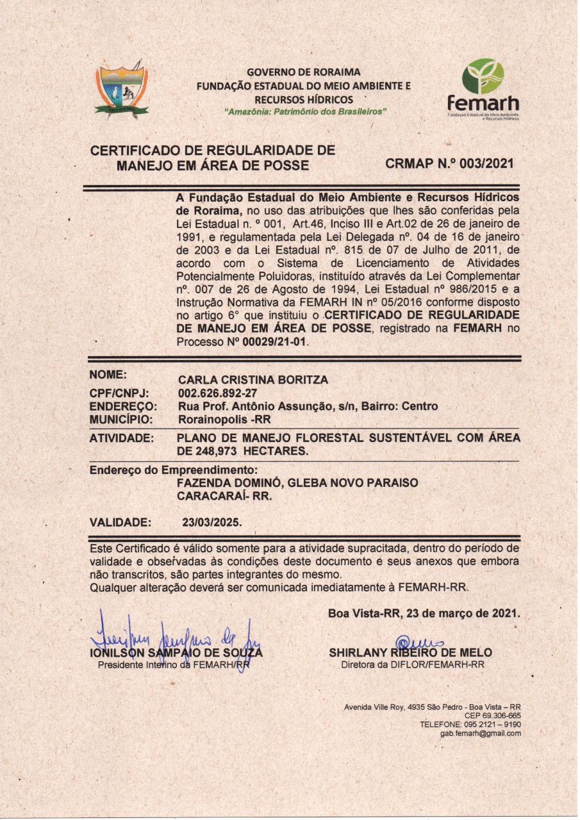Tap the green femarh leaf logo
[483, 76]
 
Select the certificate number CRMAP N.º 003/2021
[449, 163]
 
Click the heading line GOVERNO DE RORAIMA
[304, 72]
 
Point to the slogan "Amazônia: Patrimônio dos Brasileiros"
[304, 111]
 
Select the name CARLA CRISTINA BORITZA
[253, 380]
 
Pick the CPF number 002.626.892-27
[217, 393]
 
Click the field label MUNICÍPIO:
[121, 420]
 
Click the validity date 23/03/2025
[211, 521]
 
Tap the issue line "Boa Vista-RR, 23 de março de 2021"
[423, 613]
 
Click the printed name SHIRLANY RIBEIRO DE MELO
[410, 653]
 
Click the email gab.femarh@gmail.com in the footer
[480, 734]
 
